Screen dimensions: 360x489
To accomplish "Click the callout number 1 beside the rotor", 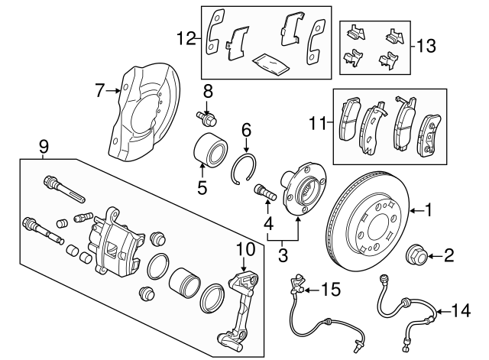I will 429,209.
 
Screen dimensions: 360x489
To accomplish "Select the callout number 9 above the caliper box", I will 44,145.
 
